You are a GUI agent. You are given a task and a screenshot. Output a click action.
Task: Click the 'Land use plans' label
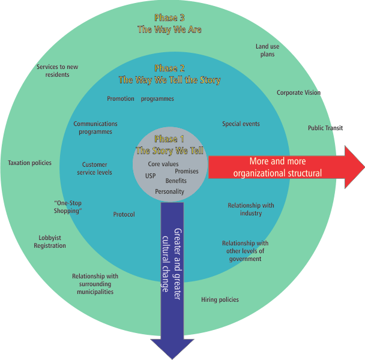[267, 50]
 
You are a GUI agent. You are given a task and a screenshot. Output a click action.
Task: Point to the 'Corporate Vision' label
[298, 93]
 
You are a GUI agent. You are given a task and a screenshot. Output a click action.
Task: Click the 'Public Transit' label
[325, 128]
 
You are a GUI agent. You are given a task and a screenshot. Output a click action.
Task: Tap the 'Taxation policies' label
[29, 163]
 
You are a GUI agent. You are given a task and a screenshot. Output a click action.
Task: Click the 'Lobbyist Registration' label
[50, 242]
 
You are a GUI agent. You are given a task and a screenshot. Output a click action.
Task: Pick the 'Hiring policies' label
[220, 299]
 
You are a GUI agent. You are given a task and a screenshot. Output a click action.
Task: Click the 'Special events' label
[241, 124]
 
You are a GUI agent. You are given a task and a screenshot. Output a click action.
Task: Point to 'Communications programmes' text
[95, 128]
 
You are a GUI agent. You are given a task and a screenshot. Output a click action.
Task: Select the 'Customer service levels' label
[95, 169]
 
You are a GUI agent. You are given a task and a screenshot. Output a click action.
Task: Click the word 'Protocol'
[124, 214]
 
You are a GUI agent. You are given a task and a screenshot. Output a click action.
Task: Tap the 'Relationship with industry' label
[251, 209]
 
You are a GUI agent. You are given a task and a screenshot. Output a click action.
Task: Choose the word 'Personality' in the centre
[169, 191]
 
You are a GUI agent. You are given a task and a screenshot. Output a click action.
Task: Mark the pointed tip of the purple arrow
[172, 358]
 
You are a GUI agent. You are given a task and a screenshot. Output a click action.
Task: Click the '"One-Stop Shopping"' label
[67, 207]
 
